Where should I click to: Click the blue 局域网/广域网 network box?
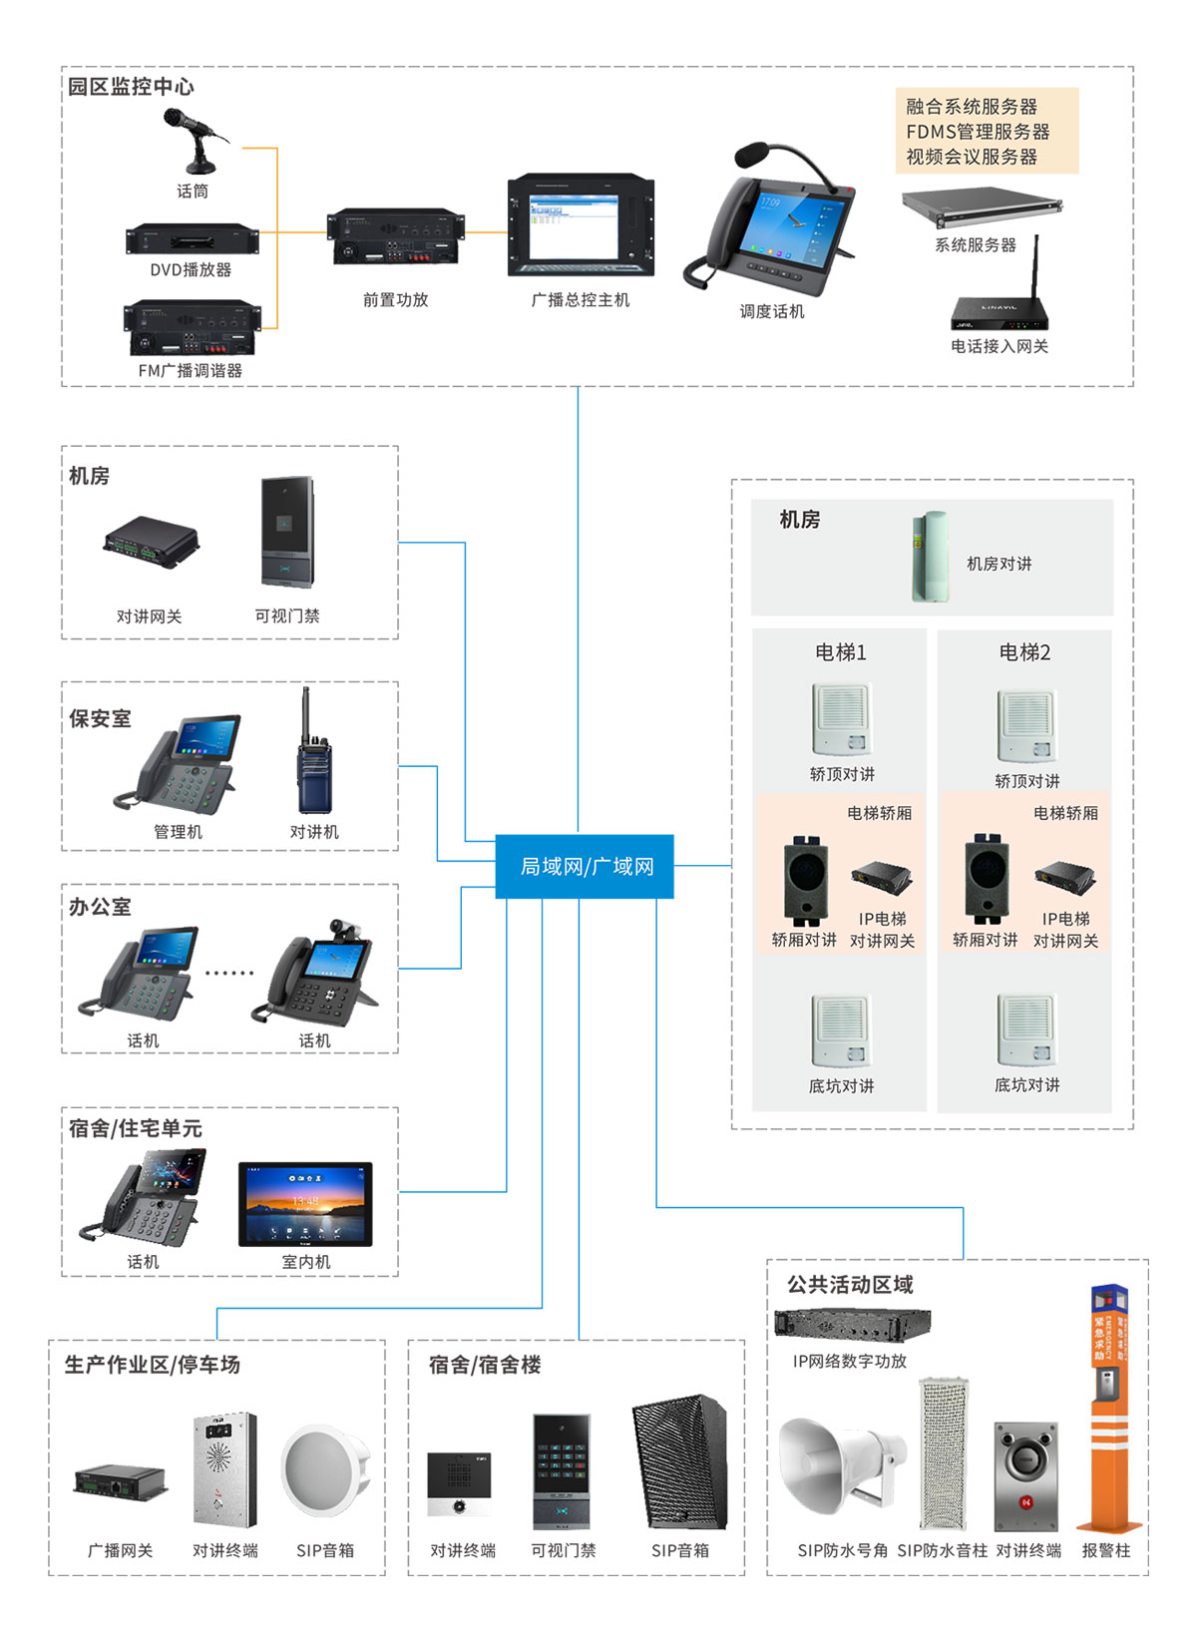[585, 866]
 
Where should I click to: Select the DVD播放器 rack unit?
[192, 240]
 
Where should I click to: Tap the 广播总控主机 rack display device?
[581, 226]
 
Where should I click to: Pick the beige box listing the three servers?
[987, 131]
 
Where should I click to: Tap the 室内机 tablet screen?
[305, 1203]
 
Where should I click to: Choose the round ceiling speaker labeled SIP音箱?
[325, 1470]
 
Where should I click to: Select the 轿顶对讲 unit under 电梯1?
[841, 719]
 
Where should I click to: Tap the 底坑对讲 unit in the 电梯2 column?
[1025, 1029]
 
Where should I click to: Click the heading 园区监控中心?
[131, 87]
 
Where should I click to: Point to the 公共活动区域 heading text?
[850, 1284]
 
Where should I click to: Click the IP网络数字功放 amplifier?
[852, 1324]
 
